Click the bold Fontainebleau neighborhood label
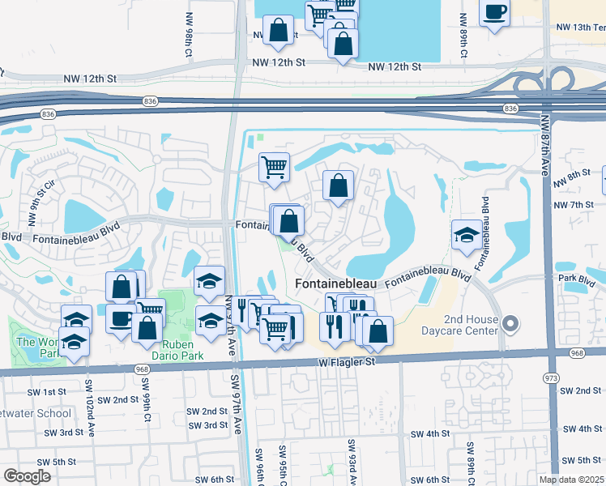coord(336,285)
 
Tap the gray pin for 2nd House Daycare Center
coord(510,324)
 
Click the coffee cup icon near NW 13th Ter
coord(494,13)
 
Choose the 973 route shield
coord(551,377)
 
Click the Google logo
coord(28,476)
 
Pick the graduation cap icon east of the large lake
coord(466,235)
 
